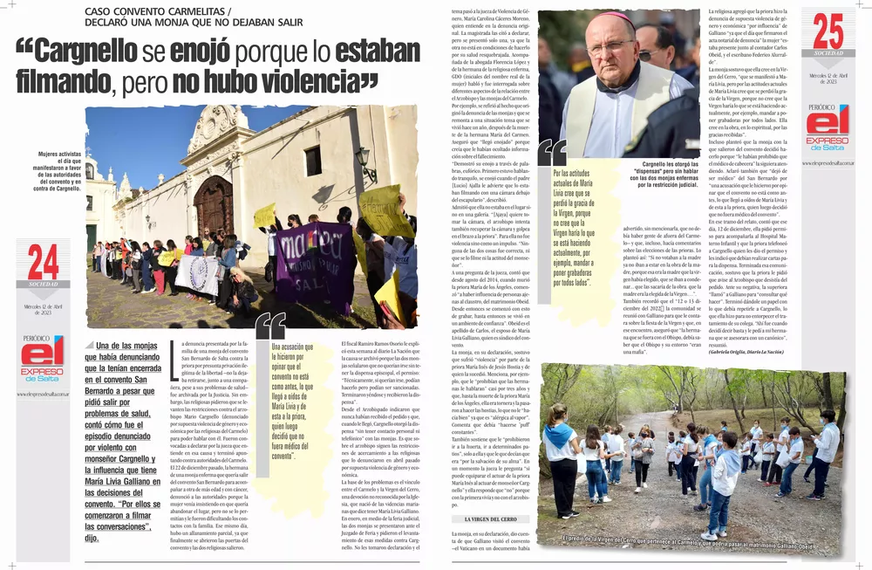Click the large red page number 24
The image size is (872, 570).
pyautogui.click(x=43, y=263)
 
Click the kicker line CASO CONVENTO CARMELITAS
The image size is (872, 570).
pyautogui.click(x=158, y=11)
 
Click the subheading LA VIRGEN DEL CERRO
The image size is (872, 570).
pyautogui.click(x=478, y=519)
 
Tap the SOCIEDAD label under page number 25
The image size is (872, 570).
pyautogui.click(x=828, y=53)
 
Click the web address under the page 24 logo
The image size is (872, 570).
pyautogui.click(x=43, y=394)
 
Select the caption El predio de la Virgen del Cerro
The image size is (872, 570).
pyautogui.click(x=689, y=547)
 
